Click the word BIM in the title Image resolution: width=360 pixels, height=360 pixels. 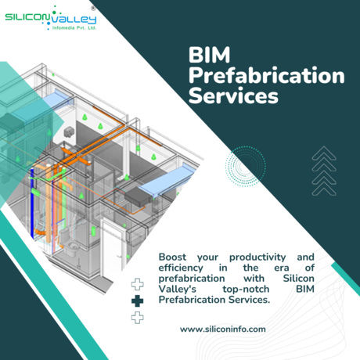point(209,55)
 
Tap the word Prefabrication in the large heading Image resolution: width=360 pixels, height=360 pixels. point(267,75)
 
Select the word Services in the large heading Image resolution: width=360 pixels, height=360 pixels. point(233,95)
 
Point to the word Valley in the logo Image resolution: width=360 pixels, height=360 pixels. point(74,20)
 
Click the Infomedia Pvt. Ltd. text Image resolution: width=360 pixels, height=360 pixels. point(74,27)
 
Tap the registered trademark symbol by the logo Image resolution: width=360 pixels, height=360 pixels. point(93,9)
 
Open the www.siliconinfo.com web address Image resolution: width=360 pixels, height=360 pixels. point(223,329)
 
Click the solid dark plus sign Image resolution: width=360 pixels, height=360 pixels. point(138,301)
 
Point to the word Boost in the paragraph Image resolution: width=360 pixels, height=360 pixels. point(172,257)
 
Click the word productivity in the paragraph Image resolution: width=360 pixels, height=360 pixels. point(257,257)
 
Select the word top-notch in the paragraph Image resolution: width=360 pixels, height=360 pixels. point(246,290)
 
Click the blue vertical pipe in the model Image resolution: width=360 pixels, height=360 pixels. point(32,203)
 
